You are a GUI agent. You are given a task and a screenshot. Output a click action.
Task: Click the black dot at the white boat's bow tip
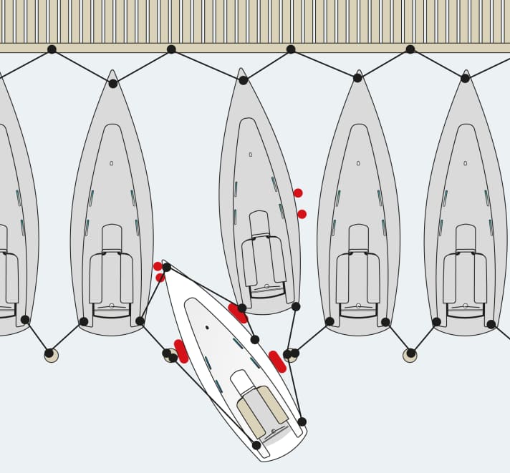166,267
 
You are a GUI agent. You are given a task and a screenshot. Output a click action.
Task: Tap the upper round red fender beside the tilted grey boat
298,193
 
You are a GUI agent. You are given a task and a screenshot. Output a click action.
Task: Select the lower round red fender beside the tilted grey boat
302,214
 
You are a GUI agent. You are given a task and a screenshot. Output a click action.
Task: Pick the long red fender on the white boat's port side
181,351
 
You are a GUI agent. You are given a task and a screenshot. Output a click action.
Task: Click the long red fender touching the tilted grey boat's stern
238,313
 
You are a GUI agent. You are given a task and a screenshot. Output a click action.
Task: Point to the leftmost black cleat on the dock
52,49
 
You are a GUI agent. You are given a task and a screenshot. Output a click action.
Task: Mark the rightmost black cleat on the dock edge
410,49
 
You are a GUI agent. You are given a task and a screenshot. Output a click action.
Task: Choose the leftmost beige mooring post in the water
51,355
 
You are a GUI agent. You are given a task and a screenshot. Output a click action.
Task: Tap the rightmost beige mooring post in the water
410,355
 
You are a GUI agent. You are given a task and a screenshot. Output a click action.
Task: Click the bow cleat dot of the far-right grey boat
465,78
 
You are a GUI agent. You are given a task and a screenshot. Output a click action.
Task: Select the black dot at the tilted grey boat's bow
243,80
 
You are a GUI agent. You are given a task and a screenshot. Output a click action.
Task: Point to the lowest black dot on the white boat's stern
256,445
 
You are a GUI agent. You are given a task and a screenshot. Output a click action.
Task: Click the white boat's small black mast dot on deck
207,328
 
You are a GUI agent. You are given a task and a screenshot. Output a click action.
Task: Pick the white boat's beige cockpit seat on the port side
251,418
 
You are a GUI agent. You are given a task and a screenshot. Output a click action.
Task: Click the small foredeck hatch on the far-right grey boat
465,163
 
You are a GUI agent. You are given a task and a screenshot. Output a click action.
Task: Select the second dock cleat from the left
171,49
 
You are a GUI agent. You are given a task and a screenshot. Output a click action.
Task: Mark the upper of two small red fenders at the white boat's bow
158,266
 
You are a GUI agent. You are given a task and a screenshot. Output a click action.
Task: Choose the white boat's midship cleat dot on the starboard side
255,339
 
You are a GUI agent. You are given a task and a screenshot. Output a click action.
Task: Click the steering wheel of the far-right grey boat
465,306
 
